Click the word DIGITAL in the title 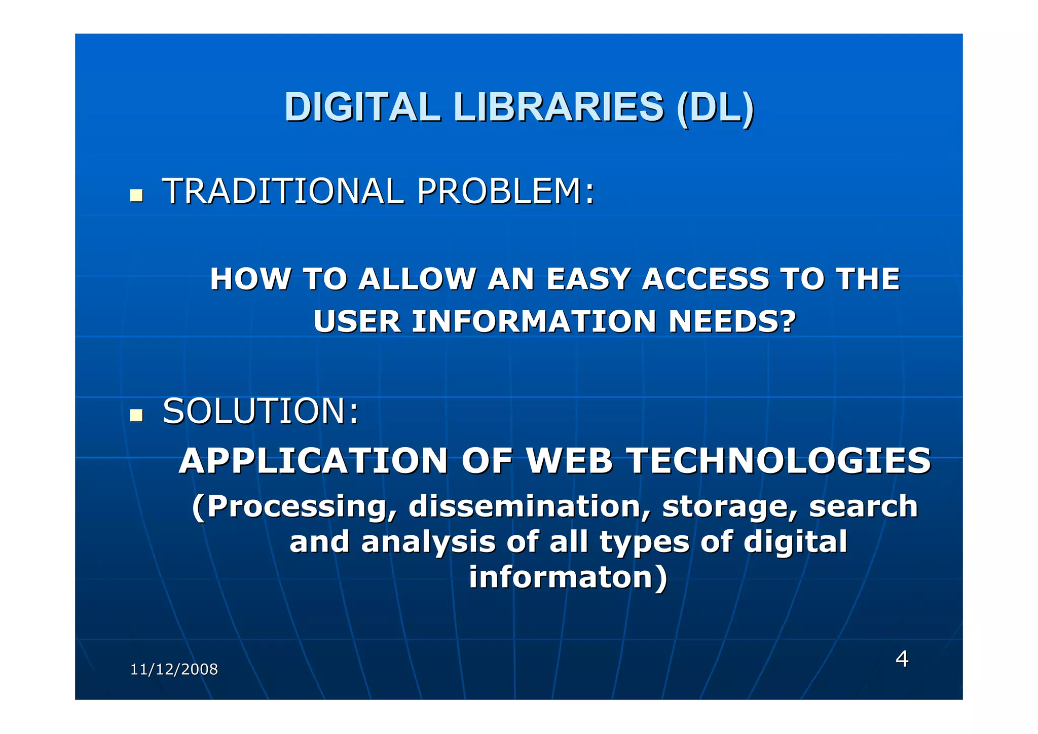pyautogui.click(x=362, y=107)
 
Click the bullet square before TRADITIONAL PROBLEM pyautogui.click(x=136, y=196)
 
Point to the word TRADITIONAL pyautogui.click(x=283, y=192)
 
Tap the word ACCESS pyautogui.click(x=706, y=279)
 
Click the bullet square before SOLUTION pyautogui.click(x=136, y=415)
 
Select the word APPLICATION pyautogui.click(x=313, y=461)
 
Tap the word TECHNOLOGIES pyautogui.click(x=778, y=461)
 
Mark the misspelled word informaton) pyautogui.click(x=568, y=577)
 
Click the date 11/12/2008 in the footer pyautogui.click(x=174, y=670)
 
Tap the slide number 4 pyautogui.click(x=902, y=659)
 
